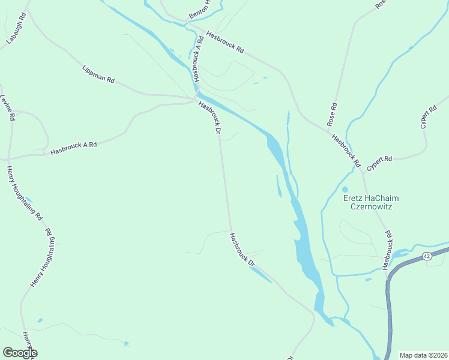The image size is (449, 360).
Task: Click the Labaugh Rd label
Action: [x=17, y=28]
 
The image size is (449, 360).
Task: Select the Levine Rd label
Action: [x=7, y=109]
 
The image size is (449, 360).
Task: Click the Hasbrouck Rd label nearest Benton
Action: [x=224, y=41]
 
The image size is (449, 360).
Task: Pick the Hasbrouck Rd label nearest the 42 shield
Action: [x=385, y=249]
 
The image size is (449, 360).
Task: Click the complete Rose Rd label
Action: [x=332, y=114]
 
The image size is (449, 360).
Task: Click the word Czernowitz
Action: [x=370, y=207]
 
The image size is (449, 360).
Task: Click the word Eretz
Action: [x=354, y=199]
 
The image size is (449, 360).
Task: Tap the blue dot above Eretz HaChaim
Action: [x=345, y=189]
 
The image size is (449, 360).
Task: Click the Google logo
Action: [x=20, y=353]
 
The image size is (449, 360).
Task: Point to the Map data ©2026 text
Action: [x=423, y=355]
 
